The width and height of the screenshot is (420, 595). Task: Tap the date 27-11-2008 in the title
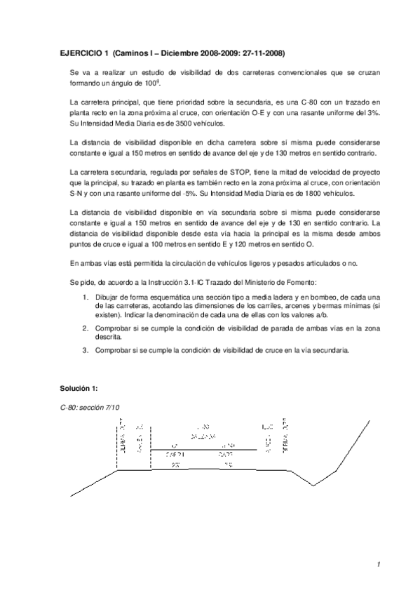tap(262, 53)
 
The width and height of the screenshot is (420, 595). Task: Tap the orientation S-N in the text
tap(77, 192)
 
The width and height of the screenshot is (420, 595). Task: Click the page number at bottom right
tap(377, 564)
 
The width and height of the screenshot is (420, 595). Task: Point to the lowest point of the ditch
tap(313, 485)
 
